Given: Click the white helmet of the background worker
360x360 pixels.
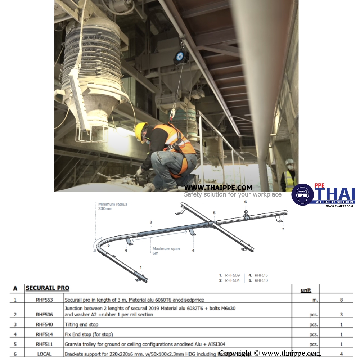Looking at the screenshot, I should point(289,162).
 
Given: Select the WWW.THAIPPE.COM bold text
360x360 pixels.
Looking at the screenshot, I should point(218,188).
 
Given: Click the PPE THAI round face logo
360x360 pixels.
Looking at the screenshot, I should point(303,195).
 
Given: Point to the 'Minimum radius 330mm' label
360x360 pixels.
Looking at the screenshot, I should point(112,206).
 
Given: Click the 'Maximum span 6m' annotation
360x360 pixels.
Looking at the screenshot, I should point(166,251).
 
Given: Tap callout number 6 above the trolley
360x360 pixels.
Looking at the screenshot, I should point(246,202).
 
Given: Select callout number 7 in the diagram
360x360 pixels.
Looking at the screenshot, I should point(283,229).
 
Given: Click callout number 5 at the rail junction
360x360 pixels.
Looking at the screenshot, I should point(214,213).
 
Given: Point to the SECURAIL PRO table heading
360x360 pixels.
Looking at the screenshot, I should point(47,288).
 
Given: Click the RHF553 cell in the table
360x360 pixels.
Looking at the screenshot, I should point(44,300).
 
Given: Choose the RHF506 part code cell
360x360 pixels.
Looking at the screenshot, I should point(44,315).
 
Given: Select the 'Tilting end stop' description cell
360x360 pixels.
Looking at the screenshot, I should point(81,325).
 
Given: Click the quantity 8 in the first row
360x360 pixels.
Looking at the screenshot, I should point(341,300).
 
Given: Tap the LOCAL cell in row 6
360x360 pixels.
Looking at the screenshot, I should point(44,354).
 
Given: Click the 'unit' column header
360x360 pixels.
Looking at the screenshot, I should point(306,290).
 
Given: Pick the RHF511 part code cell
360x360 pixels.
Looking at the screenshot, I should point(44,345).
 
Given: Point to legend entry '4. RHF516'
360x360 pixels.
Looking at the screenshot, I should point(258,275).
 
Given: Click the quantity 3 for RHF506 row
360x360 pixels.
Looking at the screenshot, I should point(341,315).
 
